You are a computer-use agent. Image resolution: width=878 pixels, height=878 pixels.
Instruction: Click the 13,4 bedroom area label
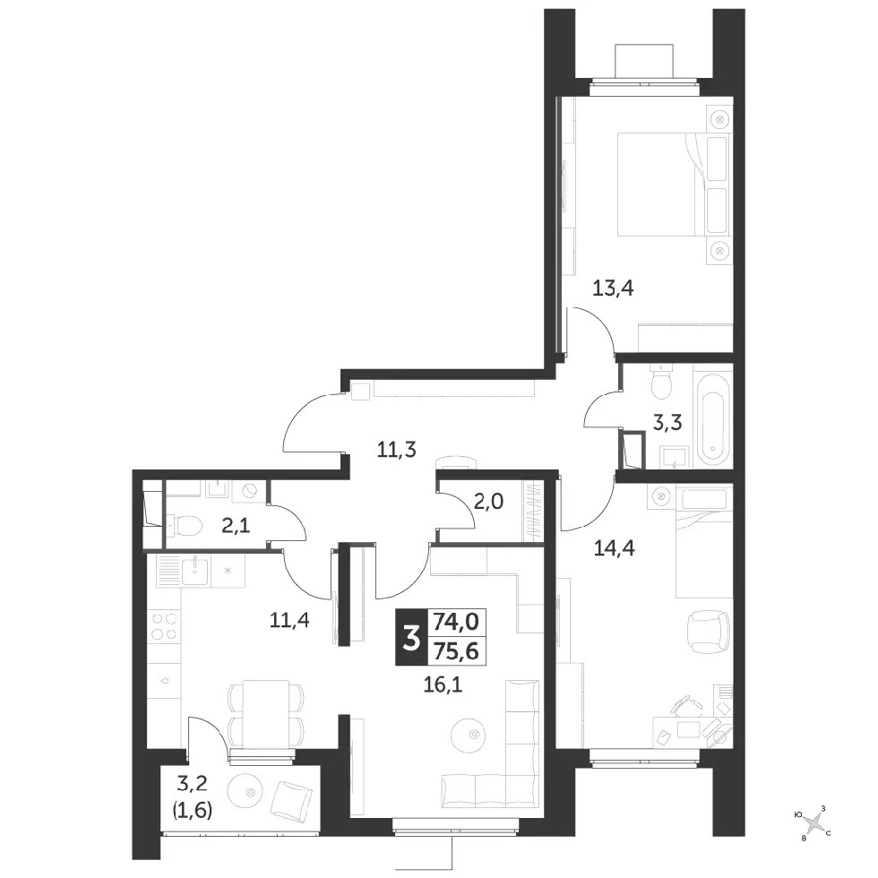[x=613, y=288]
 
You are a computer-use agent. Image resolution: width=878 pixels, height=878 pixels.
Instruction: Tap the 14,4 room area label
[x=615, y=548]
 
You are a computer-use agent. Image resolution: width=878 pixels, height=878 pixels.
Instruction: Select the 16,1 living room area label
[x=443, y=684]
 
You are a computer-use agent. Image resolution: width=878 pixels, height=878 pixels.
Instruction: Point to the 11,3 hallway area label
[x=396, y=450]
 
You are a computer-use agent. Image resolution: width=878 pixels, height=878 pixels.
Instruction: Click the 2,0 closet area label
[x=488, y=502]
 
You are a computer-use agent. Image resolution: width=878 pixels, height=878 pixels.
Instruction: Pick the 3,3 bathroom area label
[x=667, y=422]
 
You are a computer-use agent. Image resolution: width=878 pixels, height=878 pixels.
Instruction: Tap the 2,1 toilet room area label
[x=236, y=526]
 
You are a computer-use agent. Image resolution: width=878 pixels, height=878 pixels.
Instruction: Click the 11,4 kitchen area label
[x=289, y=620]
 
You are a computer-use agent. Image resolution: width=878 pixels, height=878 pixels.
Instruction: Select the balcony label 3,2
[x=193, y=783]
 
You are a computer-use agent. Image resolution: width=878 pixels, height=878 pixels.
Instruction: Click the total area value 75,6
[x=456, y=651]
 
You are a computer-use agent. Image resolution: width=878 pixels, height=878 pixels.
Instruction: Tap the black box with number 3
[x=411, y=637]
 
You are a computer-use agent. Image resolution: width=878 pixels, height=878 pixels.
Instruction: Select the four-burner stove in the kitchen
[x=165, y=626]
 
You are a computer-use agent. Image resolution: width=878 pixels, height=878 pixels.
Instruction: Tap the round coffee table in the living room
[x=469, y=734]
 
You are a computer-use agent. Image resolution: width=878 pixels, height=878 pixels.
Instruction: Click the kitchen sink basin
[x=195, y=572]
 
